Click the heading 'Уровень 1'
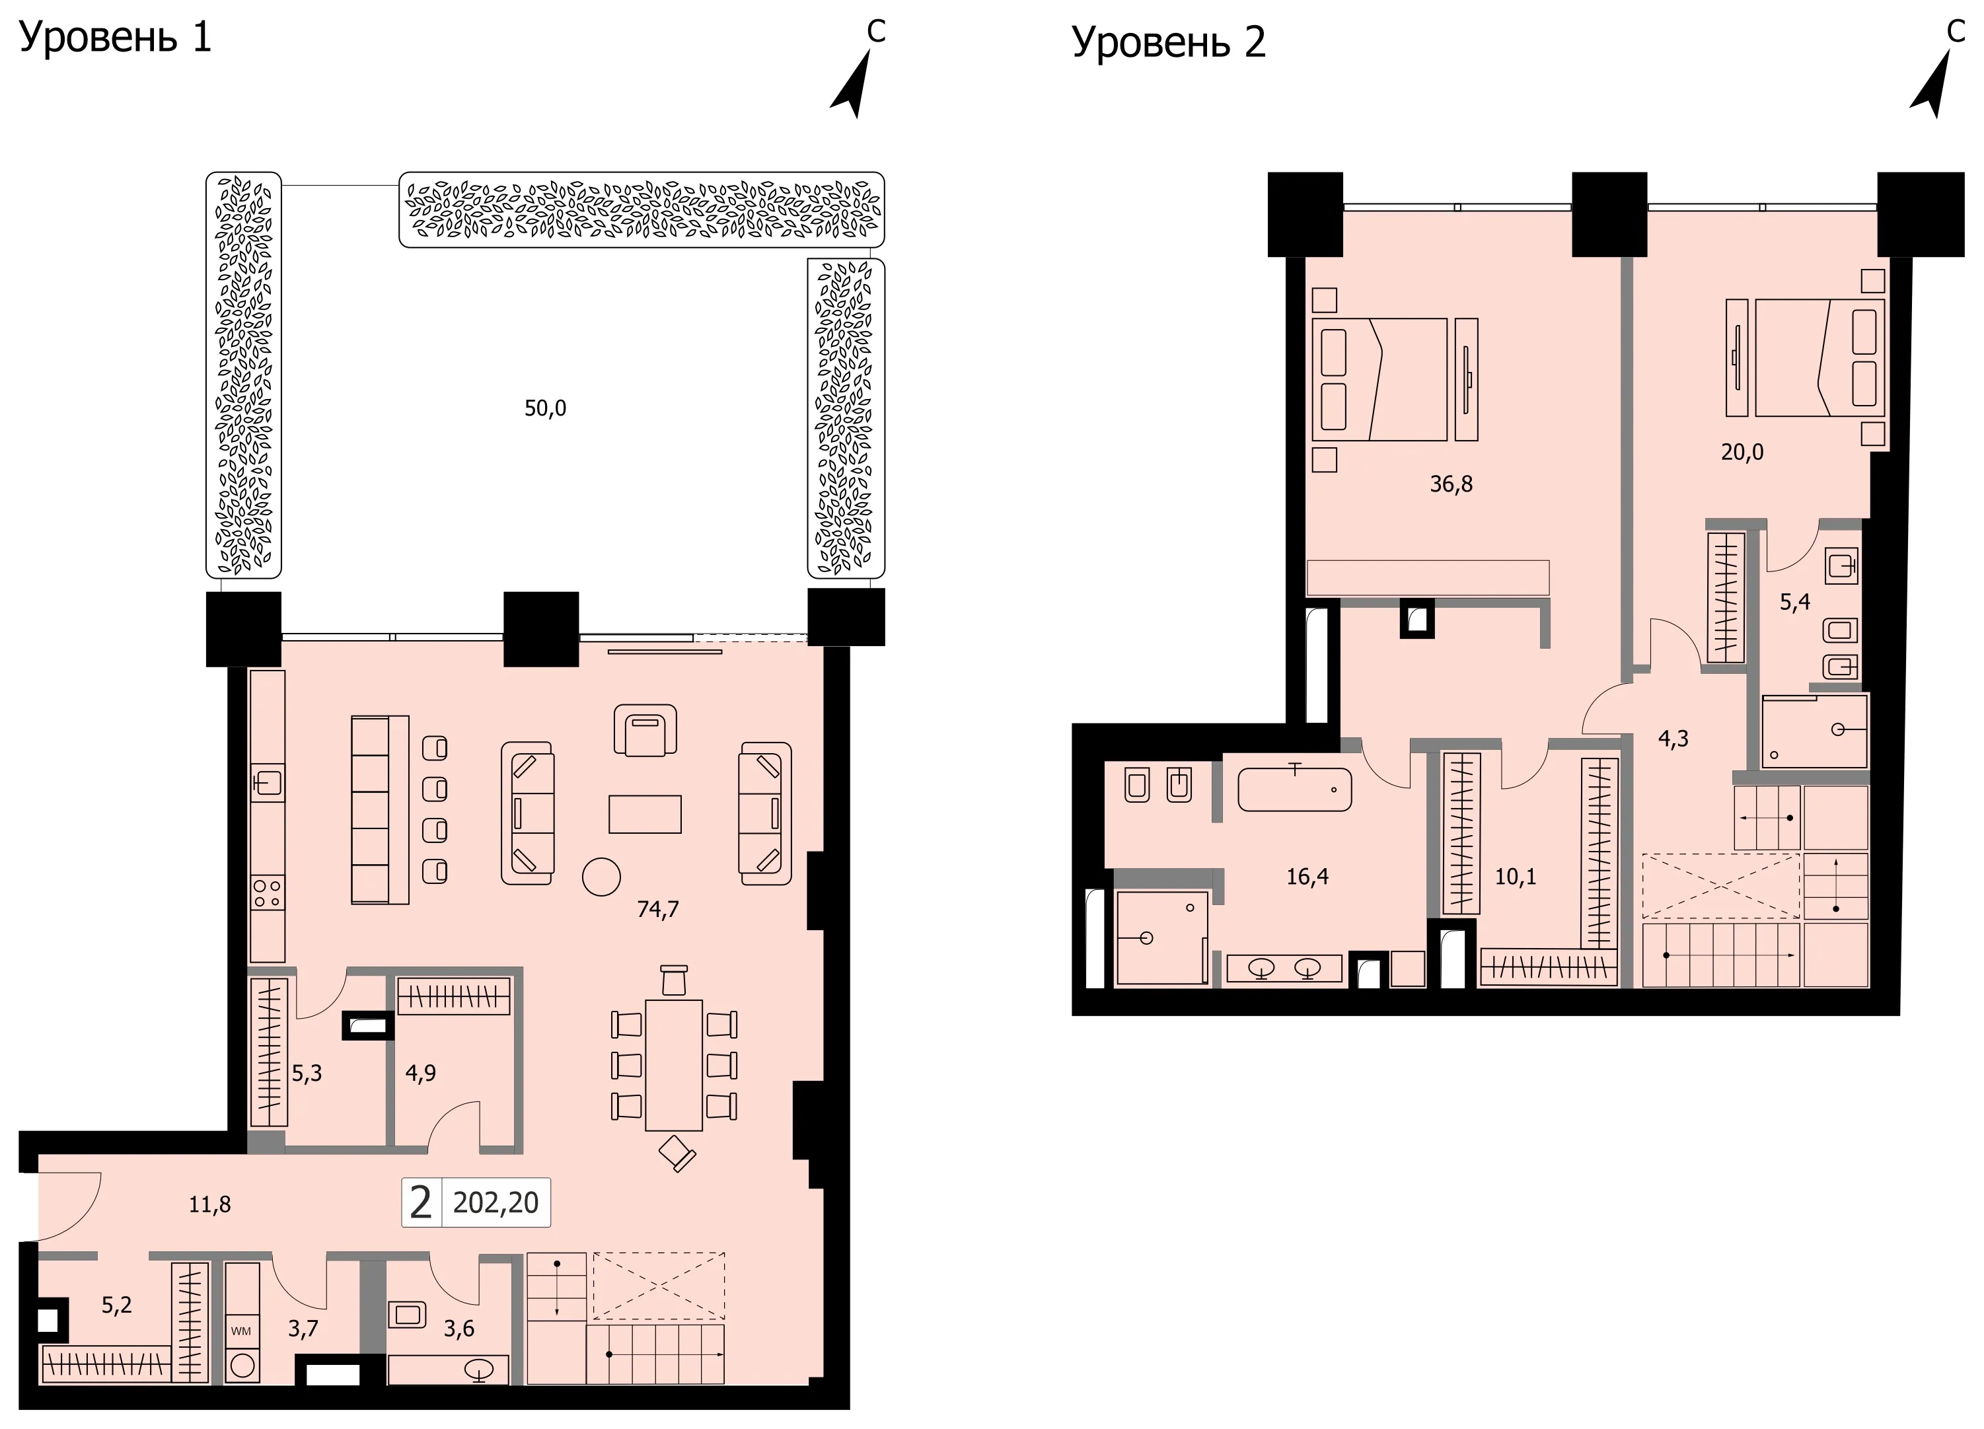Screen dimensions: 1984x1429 point(116,38)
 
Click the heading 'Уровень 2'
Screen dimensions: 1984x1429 point(1169,43)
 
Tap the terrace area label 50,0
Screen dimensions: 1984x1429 point(545,408)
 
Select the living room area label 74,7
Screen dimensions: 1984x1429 point(658,910)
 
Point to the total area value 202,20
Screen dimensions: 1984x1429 point(496,1202)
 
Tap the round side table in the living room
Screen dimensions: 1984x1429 point(601,876)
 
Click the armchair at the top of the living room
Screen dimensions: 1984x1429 point(645,730)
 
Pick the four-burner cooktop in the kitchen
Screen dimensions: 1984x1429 point(267,893)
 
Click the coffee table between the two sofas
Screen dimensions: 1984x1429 point(645,813)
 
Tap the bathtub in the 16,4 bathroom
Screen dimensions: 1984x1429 point(1295,789)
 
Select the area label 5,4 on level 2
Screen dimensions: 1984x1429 point(1795,602)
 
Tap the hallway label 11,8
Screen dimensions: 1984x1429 point(210,1205)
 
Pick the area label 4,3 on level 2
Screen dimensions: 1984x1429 point(1673,739)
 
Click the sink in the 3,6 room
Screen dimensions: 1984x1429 point(478,1370)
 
